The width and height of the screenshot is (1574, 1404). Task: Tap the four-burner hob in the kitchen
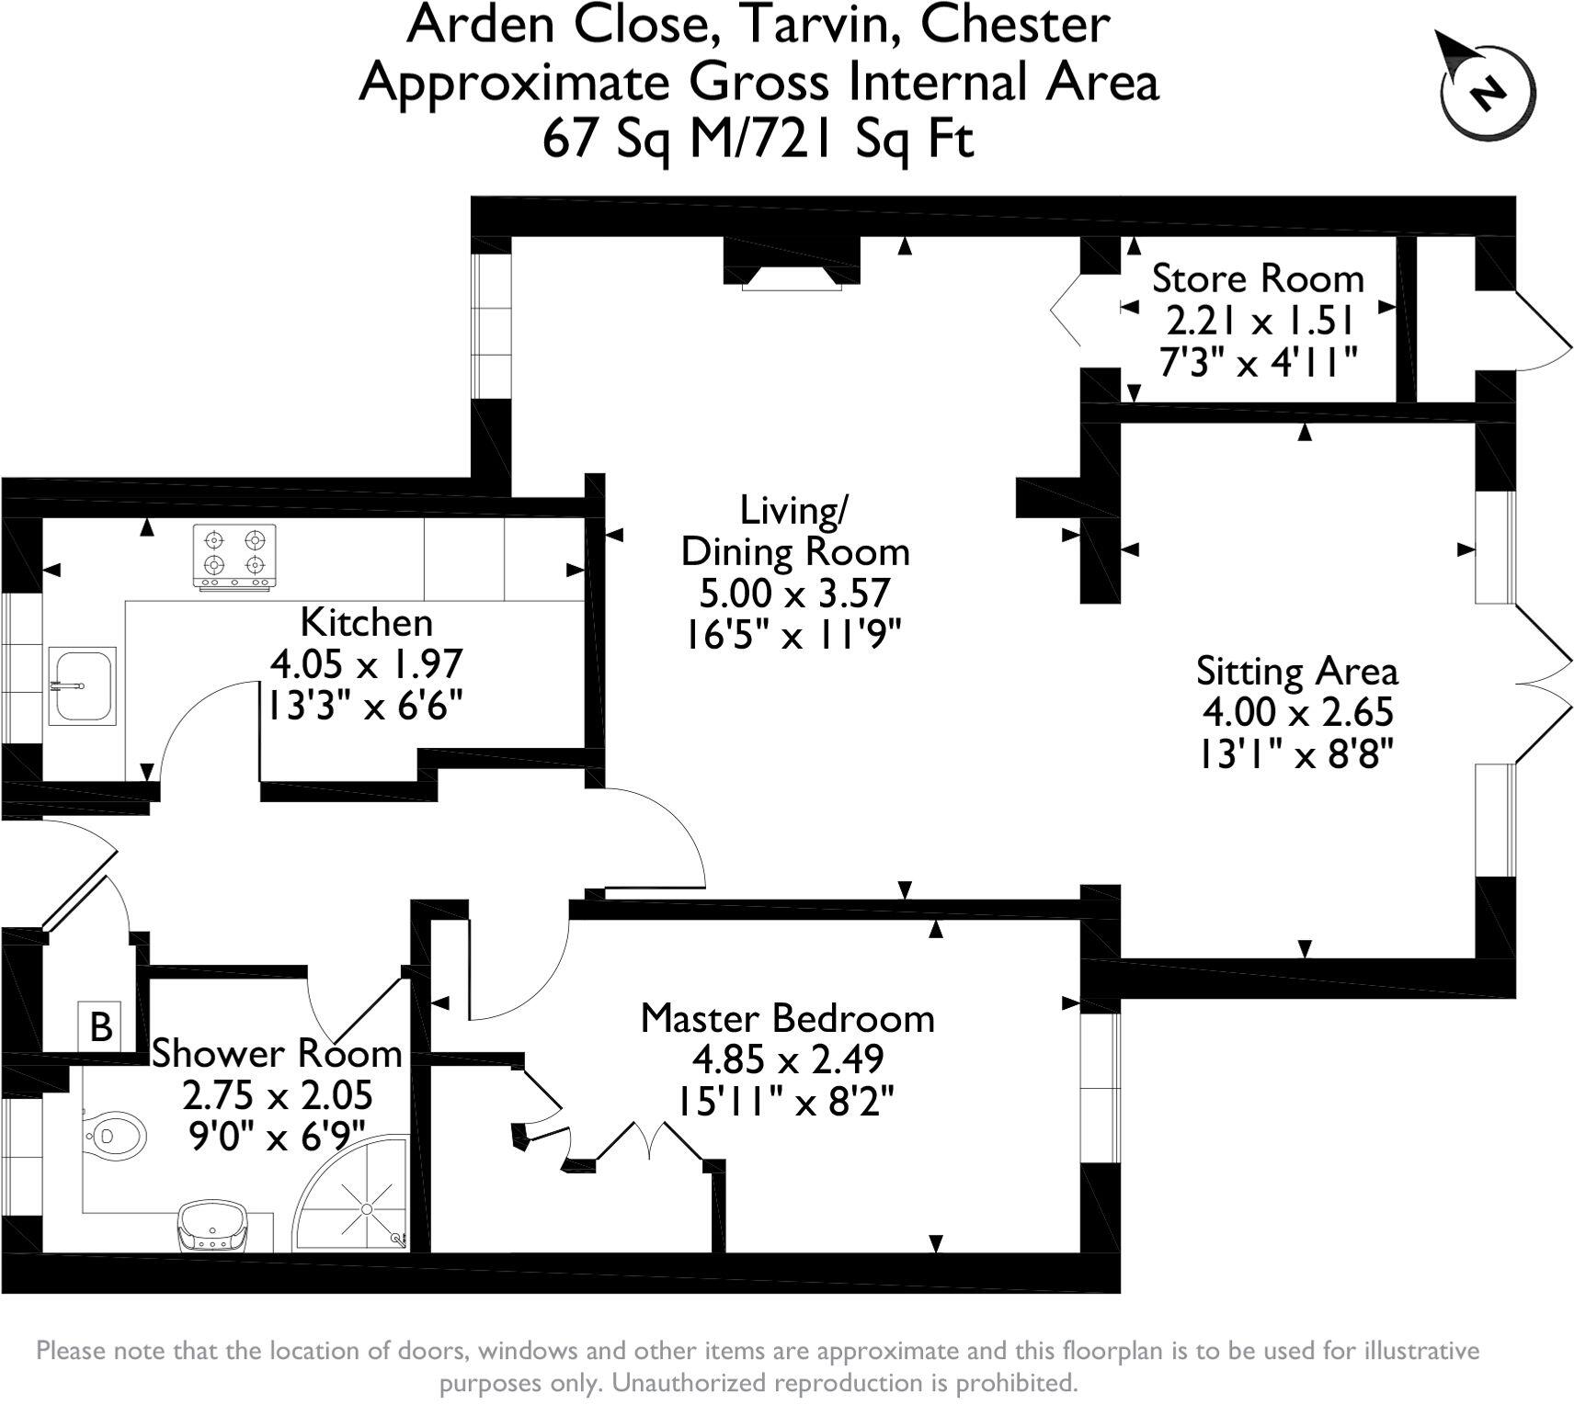[x=234, y=556]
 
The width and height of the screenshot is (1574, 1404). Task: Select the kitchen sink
[x=82, y=685]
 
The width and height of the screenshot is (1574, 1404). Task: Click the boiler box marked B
[x=101, y=1025]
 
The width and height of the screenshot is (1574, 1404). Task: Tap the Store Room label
[x=1257, y=278]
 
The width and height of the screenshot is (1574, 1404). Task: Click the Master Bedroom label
[x=787, y=1018]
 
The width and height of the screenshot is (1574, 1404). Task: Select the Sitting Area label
[x=1296, y=671]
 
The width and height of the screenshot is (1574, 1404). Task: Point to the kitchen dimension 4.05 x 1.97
[x=365, y=662]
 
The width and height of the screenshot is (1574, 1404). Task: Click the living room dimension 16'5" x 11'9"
[x=791, y=634]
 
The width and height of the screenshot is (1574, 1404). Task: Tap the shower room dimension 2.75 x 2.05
[x=277, y=1095]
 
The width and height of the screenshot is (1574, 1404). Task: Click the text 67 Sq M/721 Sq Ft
[x=758, y=141]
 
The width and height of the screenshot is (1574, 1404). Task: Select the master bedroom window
[x=1101, y=1088]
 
